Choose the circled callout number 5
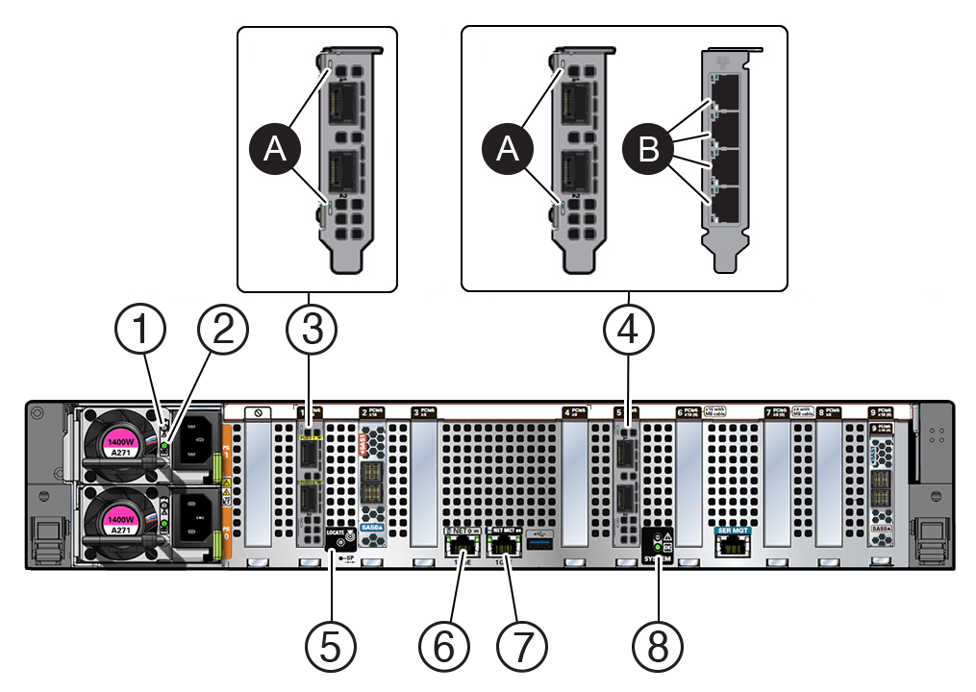[330, 647]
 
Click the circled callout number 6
[444, 647]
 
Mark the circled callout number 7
[520, 647]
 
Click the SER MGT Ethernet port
[733, 546]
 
